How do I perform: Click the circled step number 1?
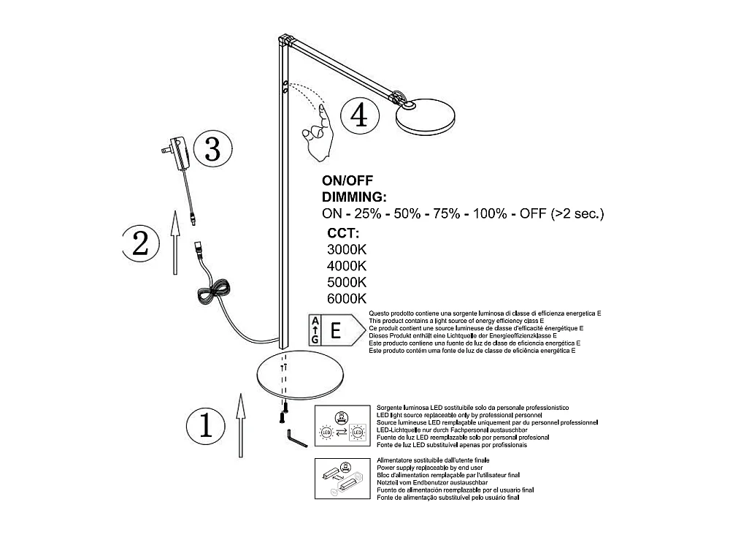206,425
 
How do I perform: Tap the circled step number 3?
212,151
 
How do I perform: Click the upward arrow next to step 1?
239,425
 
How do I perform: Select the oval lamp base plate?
302,375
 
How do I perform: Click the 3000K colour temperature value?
347,249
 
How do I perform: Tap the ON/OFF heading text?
347,180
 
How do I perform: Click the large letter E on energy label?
336,330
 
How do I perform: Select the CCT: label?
343,234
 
